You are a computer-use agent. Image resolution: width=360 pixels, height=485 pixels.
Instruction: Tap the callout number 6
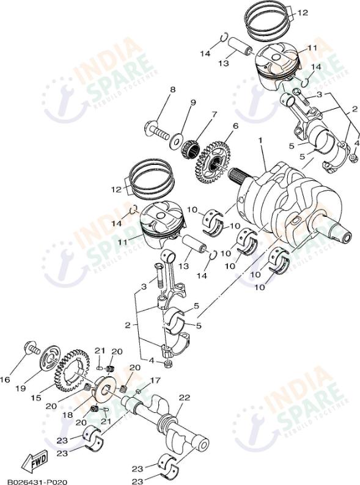tap(234, 126)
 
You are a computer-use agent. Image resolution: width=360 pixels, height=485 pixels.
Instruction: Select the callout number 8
tap(172, 90)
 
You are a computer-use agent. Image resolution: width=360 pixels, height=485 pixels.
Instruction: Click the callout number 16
tap(6, 379)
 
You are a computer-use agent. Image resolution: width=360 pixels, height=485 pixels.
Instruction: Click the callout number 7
tap(214, 114)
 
